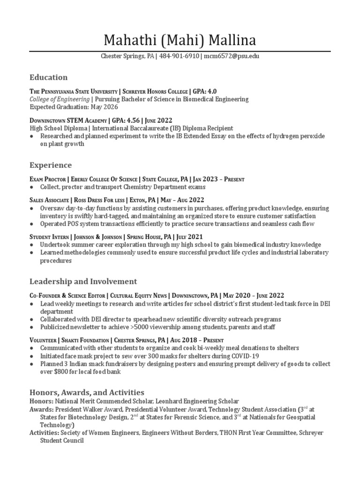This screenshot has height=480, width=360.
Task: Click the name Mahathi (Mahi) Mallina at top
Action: [x=180, y=39]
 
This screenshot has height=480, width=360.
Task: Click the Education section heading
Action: [x=48, y=77]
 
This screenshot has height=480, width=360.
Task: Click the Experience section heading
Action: [x=51, y=165]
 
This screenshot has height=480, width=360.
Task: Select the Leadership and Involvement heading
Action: [x=83, y=282]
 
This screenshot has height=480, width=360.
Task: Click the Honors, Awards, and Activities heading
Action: [x=87, y=392]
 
